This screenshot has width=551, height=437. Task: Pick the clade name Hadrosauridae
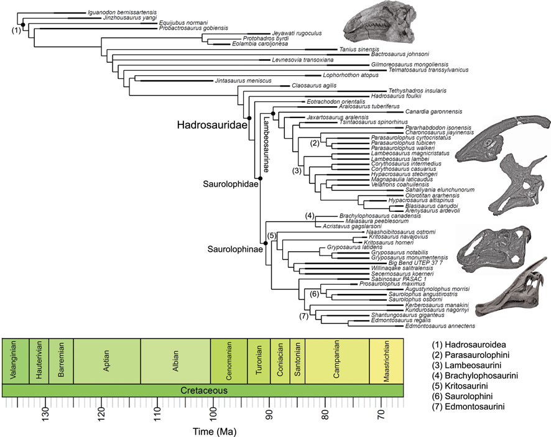pyautogui.click(x=210, y=125)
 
